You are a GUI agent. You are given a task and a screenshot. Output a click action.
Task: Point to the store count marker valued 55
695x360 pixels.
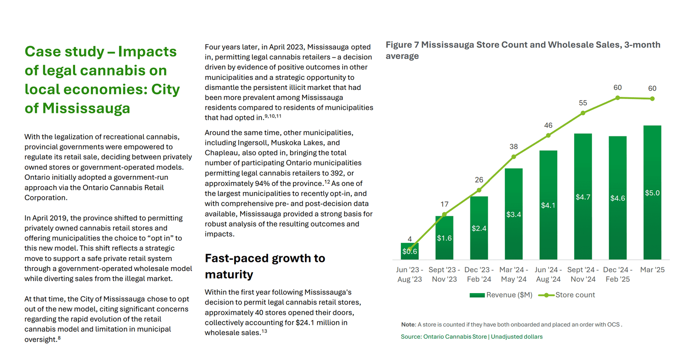click(583, 113)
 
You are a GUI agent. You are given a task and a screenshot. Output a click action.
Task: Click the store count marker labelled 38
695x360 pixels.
click(514, 157)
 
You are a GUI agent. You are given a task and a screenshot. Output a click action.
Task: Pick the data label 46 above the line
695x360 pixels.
click(548, 126)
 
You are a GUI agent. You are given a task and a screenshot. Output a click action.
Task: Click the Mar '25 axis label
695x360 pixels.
click(652, 270)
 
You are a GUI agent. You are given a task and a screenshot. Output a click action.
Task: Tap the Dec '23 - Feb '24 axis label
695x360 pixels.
click(479, 274)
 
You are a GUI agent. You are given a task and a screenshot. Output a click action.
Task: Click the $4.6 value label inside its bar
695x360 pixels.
click(617, 198)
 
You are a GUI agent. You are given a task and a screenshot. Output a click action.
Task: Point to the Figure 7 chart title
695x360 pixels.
click(523, 50)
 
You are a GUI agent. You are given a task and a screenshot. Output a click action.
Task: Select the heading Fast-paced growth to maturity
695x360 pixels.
click(265, 266)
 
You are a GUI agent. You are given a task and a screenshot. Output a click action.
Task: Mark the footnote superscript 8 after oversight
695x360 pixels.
click(59, 338)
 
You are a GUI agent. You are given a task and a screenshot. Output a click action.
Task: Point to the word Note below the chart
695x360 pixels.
click(408, 324)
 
